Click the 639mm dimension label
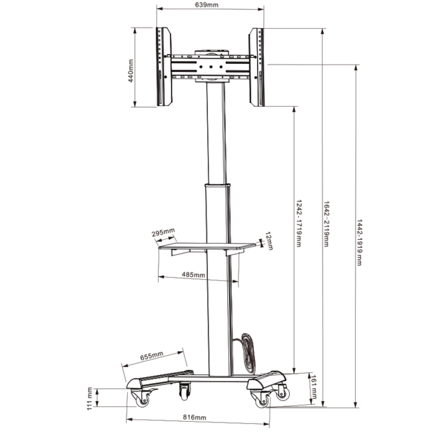point(207,5)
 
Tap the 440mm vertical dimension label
point(132,69)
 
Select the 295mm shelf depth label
point(163,232)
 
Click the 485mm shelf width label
point(193,274)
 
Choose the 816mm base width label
point(194,418)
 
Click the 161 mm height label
point(313,387)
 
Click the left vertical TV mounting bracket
point(163,67)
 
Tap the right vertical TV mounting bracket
point(256,67)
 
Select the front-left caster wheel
point(142,399)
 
